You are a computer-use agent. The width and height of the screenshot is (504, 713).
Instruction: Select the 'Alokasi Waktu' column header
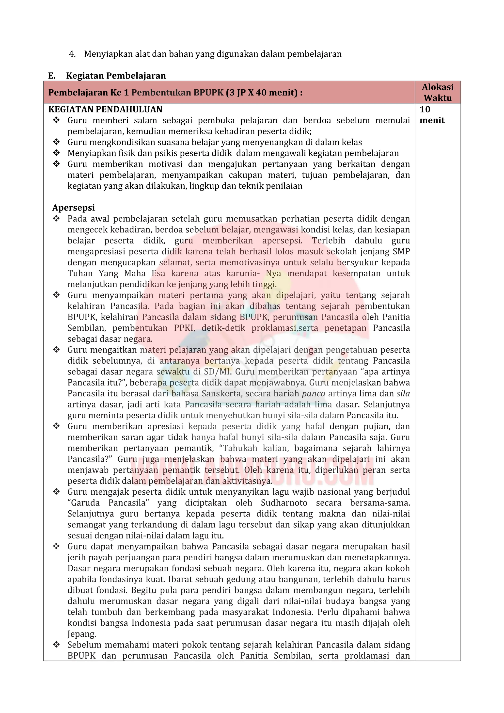tap(437, 92)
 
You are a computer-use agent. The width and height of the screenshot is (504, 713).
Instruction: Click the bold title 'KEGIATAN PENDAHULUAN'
tap(105, 109)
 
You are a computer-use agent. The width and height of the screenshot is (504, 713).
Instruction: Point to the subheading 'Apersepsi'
tap(74, 208)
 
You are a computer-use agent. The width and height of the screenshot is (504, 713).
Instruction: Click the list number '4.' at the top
tap(72, 54)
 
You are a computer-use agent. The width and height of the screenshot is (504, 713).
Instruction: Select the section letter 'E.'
tap(52, 76)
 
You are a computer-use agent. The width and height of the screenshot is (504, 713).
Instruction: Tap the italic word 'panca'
tap(314, 393)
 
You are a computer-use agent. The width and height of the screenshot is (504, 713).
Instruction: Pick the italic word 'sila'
tap(403, 393)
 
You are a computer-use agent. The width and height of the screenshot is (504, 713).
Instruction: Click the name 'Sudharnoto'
tap(284, 503)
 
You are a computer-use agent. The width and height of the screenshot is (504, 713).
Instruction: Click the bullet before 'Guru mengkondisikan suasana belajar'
tap(56, 142)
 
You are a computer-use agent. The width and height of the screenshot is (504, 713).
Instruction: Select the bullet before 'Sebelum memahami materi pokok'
tap(56, 645)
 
